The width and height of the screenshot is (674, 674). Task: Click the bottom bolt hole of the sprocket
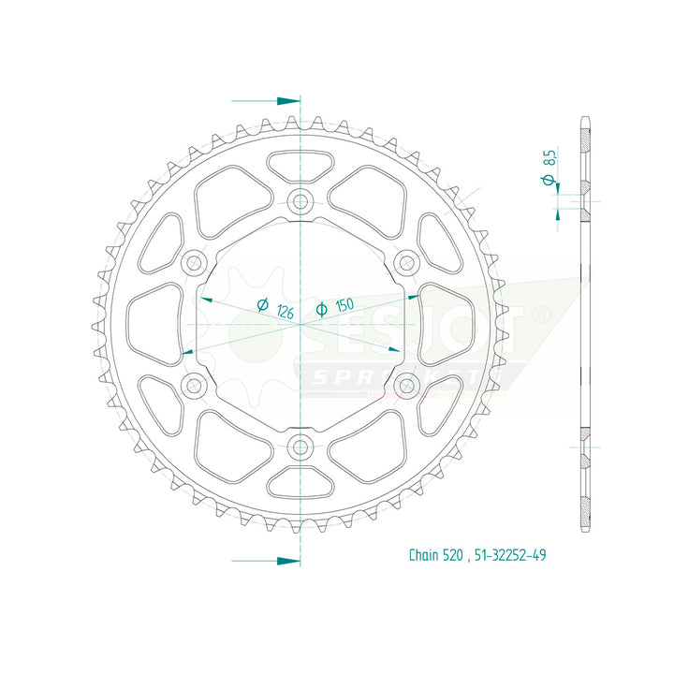(x=300, y=447)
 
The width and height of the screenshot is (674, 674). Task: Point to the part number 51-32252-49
(x=511, y=555)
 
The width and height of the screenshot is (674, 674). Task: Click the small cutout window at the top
(x=300, y=167)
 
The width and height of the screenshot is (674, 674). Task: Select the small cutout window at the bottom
(x=300, y=481)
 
